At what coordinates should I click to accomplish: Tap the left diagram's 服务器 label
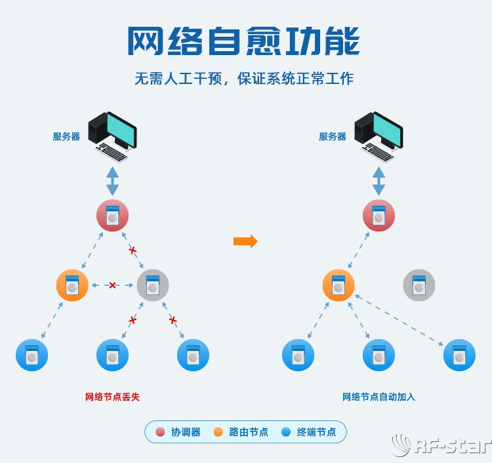click(66, 136)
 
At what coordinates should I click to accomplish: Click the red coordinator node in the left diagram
click(112, 216)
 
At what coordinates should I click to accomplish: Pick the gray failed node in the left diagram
click(153, 285)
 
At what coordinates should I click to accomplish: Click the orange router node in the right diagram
click(338, 285)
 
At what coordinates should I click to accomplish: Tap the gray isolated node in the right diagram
click(419, 285)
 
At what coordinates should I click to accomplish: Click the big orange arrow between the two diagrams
click(245, 241)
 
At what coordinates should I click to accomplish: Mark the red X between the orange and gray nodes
click(112, 285)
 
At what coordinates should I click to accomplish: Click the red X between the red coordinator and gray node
click(133, 251)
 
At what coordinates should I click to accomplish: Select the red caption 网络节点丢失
click(112, 397)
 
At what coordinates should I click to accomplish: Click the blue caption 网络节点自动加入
click(379, 397)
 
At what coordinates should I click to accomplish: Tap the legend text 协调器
click(186, 432)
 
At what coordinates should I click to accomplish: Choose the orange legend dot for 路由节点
click(218, 432)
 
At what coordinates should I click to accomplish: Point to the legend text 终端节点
click(316, 432)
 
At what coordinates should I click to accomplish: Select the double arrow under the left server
click(113, 180)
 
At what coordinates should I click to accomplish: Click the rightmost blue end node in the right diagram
click(459, 355)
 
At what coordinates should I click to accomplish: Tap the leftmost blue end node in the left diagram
click(31, 355)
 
